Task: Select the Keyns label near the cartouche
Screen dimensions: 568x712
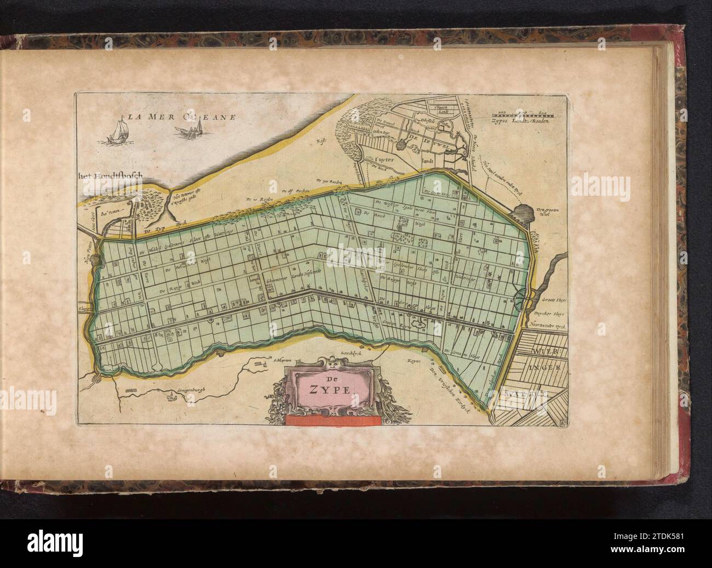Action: [x=413, y=361]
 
